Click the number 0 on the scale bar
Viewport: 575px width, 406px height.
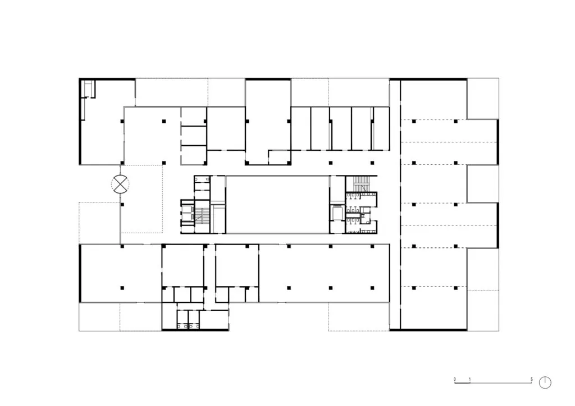coord(455,379)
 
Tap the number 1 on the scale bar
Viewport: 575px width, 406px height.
coord(470,379)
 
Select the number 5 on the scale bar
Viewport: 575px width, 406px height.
coord(531,379)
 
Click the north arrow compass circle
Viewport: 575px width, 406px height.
coord(545,382)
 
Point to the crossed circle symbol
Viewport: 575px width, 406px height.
coord(120,184)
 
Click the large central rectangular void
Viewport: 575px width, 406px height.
coord(277,204)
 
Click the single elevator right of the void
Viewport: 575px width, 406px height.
coord(336,213)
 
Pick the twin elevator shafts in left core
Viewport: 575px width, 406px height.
coord(187,213)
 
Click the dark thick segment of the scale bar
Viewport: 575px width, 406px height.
coord(463,383)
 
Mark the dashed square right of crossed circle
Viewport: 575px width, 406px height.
coord(142,199)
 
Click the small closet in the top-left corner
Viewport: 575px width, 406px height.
coord(88,89)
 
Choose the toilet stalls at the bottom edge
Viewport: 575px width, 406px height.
coord(188,319)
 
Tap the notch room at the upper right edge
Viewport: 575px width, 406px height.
coord(482,99)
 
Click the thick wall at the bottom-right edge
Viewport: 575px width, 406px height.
coord(428,330)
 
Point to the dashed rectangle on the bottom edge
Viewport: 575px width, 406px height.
coord(359,317)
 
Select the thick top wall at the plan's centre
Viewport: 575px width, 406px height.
coord(268,79)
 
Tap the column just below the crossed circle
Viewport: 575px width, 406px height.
coord(122,205)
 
